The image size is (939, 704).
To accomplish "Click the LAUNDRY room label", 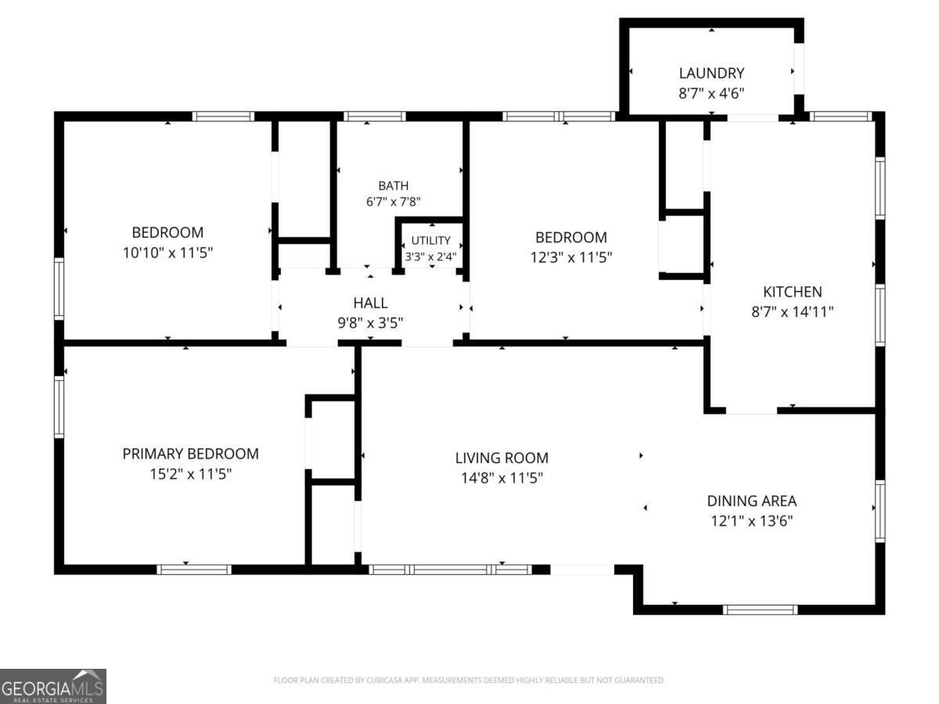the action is click(711, 73).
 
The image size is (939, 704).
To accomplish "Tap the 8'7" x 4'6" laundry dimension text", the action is click(711, 93).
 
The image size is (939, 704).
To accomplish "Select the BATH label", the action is click(393, 185).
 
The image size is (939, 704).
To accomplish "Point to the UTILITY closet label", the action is click(431, 240).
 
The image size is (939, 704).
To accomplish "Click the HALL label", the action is click(370, 303).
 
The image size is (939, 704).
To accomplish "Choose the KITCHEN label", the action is click(792, 292).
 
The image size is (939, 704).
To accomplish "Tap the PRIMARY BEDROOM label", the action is click(190, 454).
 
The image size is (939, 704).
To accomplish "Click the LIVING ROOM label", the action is click(502, 458).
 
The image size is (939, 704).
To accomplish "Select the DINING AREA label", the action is click(752, 501).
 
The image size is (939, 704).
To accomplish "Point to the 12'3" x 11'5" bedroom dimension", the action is click(571, 257).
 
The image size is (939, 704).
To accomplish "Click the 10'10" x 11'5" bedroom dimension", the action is click(167, 253).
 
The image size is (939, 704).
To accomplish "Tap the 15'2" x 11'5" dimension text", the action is click(190, 473).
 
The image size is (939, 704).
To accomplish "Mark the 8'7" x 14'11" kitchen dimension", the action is click(792, 311).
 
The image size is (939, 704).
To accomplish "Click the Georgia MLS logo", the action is click(53, 686).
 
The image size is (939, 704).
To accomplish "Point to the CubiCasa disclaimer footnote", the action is click(469, 680).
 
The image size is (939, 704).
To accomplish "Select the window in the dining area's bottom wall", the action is click(760, 609).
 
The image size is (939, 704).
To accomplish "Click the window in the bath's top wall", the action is click(374, 117).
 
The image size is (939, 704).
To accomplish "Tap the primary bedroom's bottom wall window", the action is click(194, 569).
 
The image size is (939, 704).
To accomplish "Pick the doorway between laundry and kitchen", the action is click(753, 117).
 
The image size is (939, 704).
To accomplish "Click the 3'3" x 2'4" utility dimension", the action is click(431, 257).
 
